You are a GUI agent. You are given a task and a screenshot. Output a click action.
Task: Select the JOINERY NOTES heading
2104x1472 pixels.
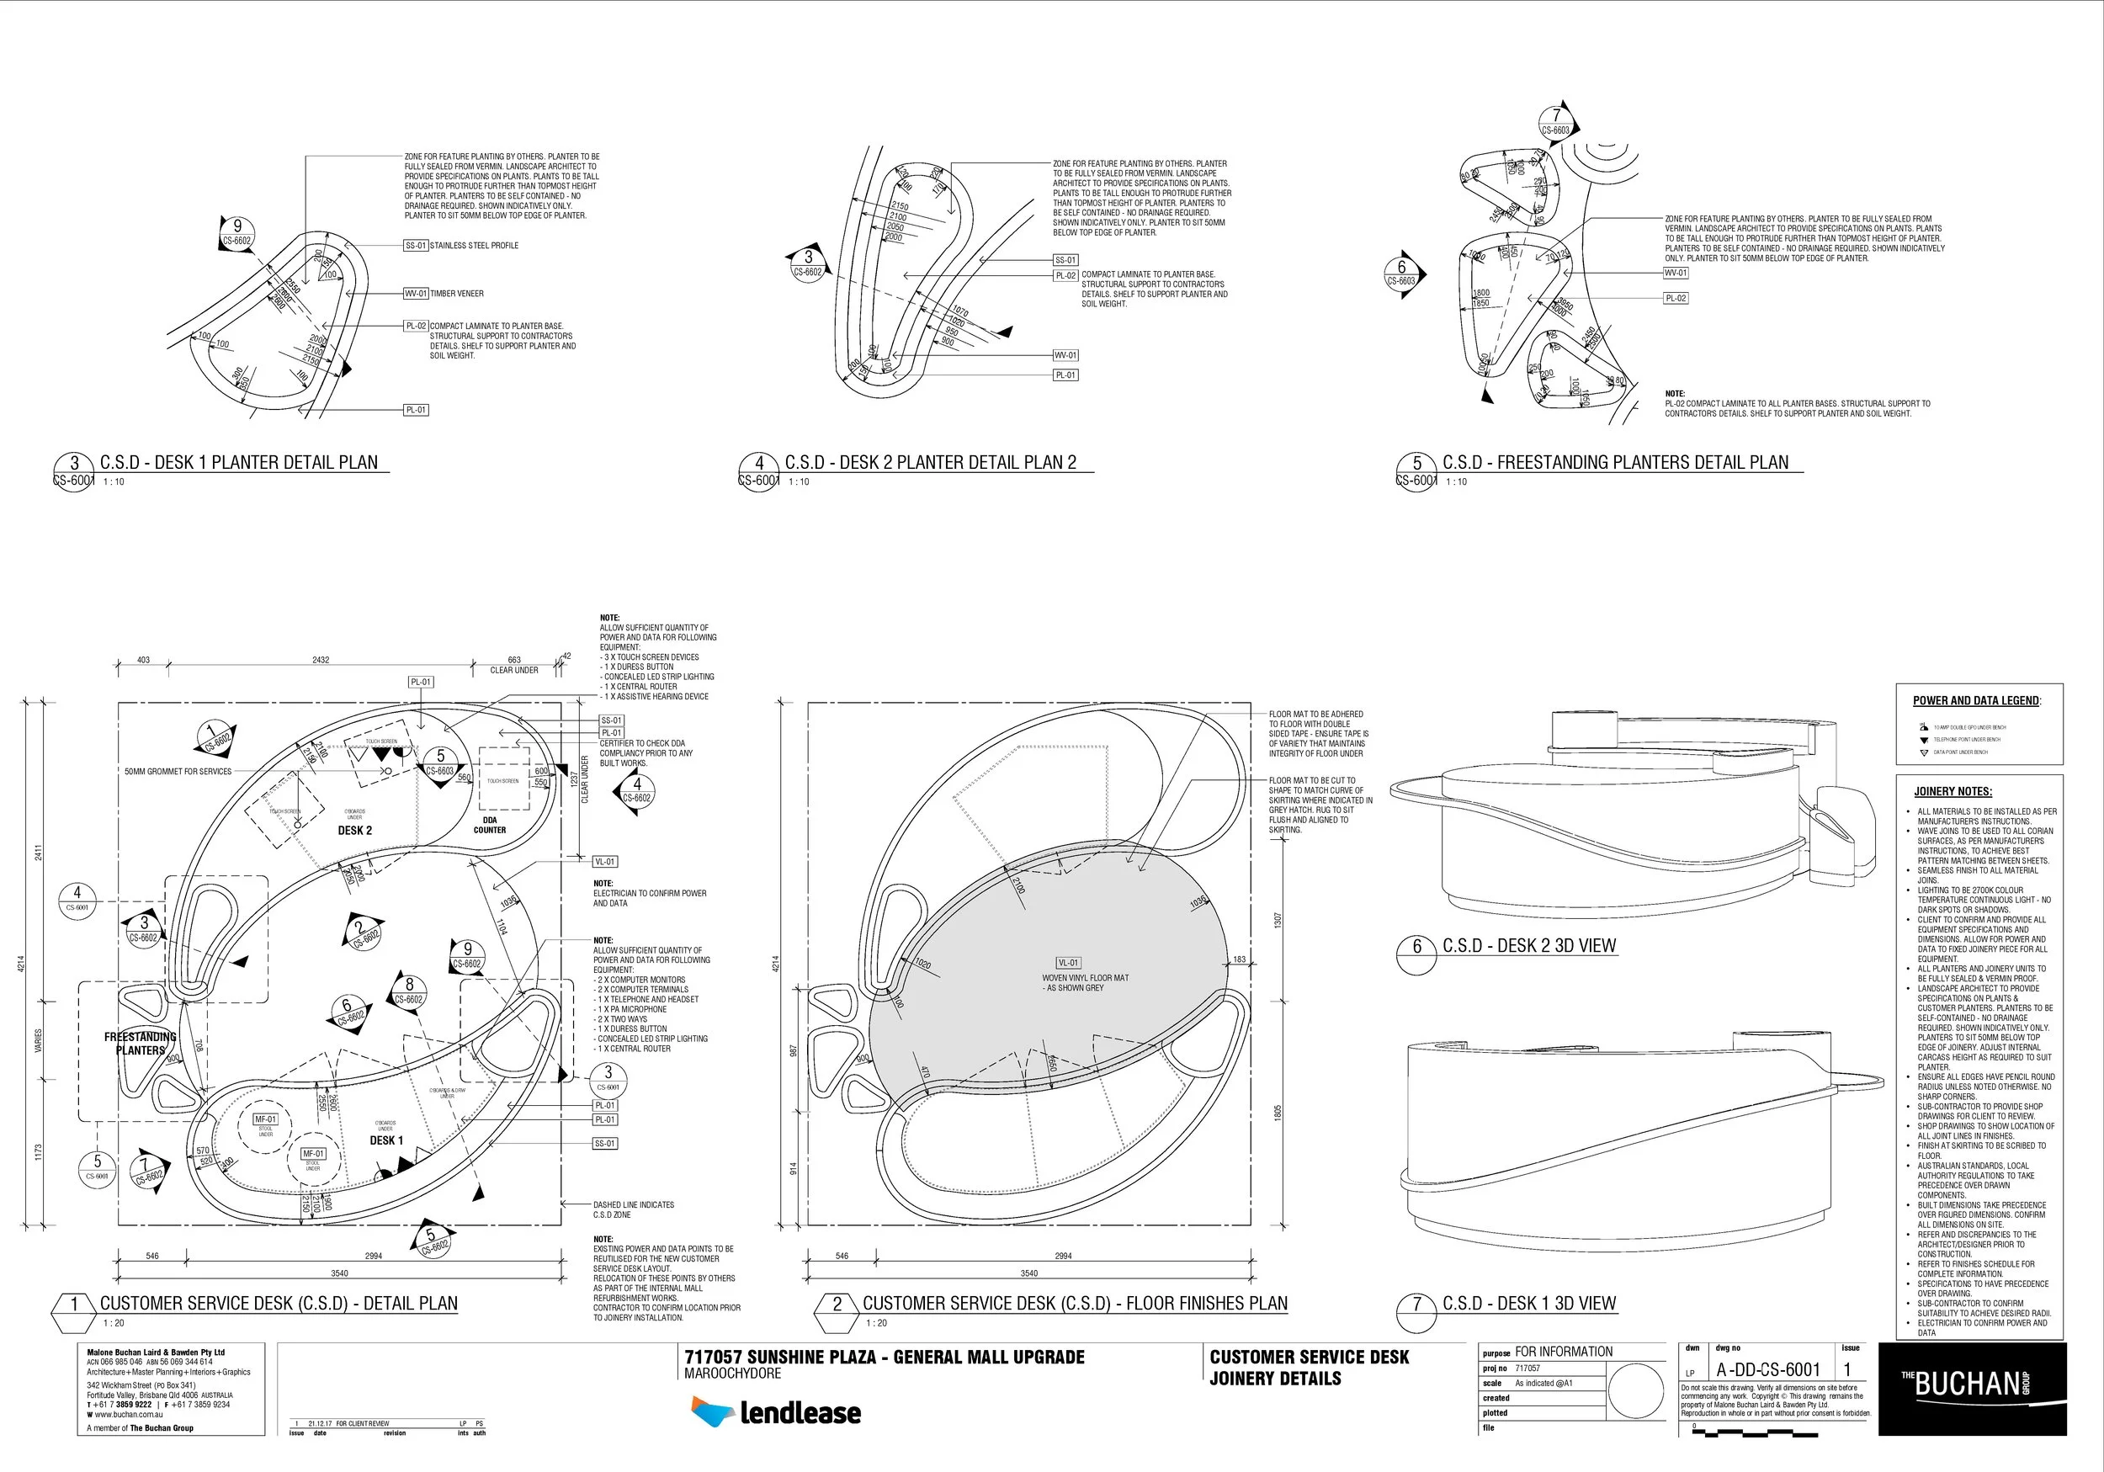point(1953,791)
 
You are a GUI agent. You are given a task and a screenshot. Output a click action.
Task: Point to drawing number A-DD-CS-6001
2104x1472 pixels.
point(1767,1370)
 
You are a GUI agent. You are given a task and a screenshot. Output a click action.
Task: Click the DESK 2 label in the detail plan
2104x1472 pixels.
point(354,831)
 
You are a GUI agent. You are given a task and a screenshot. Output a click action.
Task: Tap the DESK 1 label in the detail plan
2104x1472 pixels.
point(385,1140)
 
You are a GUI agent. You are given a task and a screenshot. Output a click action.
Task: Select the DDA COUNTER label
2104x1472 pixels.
point(489,825)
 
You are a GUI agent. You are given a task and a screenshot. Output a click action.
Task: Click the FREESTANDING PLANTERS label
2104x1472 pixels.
point(140,1044)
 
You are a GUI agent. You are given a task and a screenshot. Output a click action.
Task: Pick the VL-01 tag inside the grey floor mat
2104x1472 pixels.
point(1069,962)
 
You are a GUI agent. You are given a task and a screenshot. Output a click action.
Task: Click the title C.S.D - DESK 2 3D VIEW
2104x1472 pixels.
point(1528,946)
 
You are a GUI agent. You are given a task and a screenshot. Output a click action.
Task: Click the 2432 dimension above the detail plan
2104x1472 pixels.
point(321,660)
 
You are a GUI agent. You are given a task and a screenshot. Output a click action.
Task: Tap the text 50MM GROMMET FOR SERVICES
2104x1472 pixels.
point(178,772)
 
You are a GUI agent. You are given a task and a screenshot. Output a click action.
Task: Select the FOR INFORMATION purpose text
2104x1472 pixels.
point(1564,1352)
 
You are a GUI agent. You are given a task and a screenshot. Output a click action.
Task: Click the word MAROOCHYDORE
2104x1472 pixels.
point(732,1374)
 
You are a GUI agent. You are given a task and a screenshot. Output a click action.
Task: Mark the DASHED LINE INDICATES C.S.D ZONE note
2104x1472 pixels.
point(633,1210)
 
